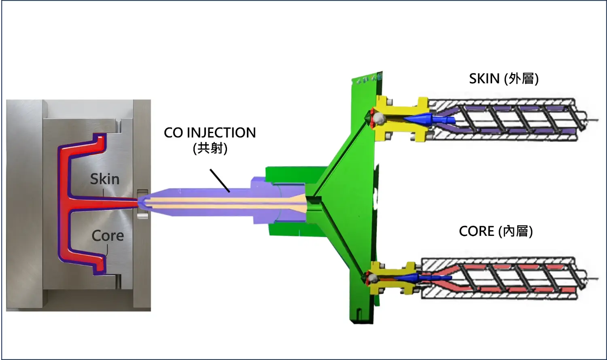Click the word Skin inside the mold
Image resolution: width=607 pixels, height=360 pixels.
pyautogui.click(x=104, y=179)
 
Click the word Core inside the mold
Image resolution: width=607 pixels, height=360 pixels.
pyautogui.click(x=107, y=235)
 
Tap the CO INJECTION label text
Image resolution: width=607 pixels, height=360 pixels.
pyautogui.click(x=210, y=133)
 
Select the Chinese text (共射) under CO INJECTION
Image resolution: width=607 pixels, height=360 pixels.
pyautogui.click(x=210, y=148)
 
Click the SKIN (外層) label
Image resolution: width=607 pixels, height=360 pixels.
pyautogui.click(x=503, y=78)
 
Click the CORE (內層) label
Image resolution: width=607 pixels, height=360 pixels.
pyautogui.click(x=495, y=231)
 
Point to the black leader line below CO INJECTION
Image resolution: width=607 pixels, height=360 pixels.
pyautogui.click(x=220, y=180)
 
